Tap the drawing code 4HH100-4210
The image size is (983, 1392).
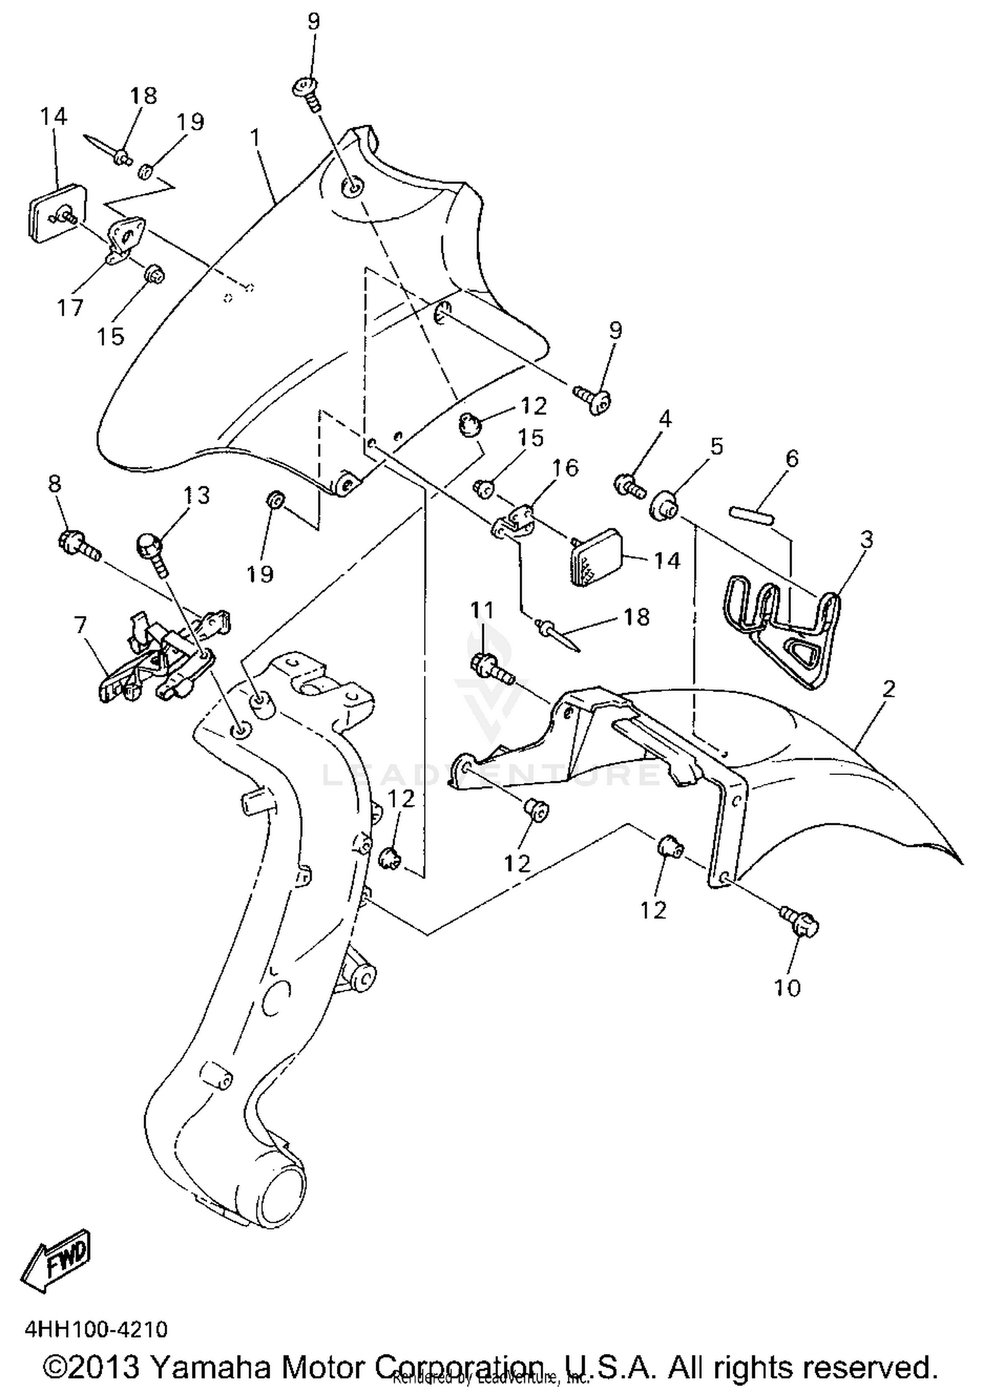96,1329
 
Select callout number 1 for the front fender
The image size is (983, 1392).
255,138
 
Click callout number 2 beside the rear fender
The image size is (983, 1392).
888,689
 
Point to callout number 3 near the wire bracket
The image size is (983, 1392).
866,540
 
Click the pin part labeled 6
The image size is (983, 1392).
752,510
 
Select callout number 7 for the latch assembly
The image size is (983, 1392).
80,626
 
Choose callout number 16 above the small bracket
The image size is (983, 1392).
565,468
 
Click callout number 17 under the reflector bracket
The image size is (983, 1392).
70,307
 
